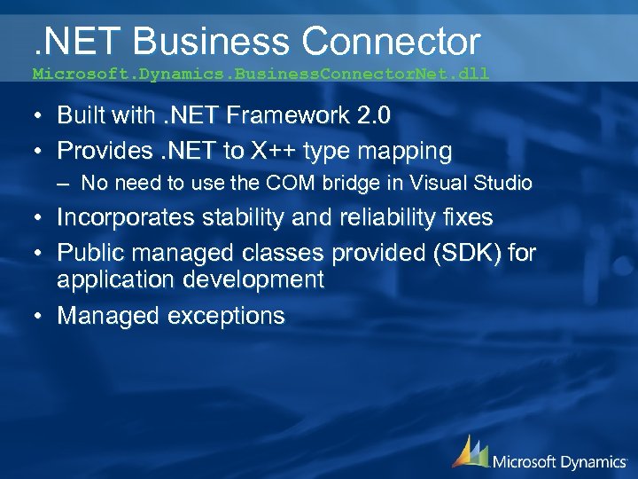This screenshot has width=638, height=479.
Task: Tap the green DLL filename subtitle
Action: tap(261, 75)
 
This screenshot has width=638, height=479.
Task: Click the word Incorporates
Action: tap(128, 217)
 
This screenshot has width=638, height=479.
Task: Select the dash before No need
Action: tap(66, 185)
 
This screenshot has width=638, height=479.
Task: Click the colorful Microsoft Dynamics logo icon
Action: tap(470, 452)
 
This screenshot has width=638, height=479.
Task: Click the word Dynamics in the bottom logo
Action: tap(592, 460)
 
